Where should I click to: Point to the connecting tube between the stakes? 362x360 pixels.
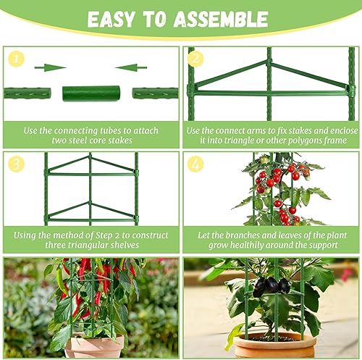[x=91, y=93]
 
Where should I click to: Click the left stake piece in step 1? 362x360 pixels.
[x=27, y=93]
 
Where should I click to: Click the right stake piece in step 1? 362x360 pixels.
[x=155, y=93]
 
